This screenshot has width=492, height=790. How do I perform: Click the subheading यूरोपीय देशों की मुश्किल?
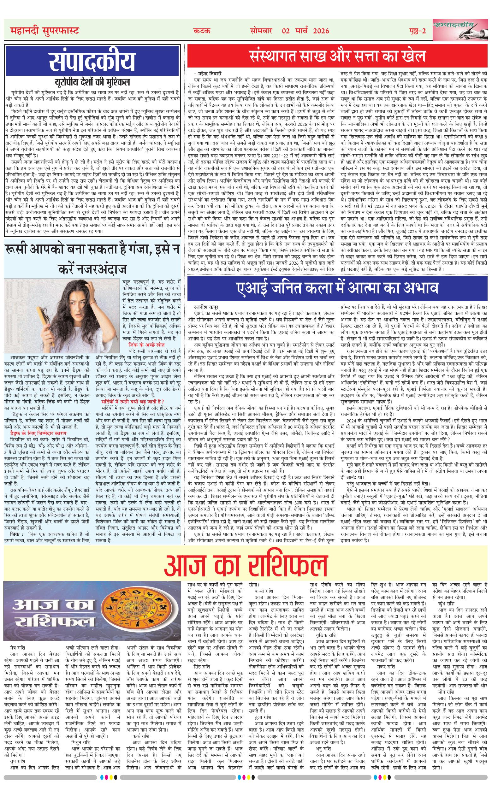click(92, 81)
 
